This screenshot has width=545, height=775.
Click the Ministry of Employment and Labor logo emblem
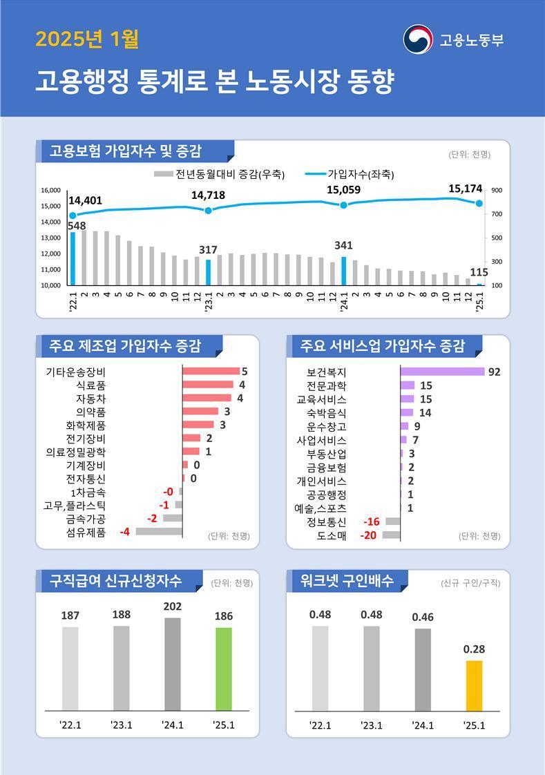click(417, 39)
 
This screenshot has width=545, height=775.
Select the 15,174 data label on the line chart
click(466, 188)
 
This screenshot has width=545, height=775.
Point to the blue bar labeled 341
click(343, 271)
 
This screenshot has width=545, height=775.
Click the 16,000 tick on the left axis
click(51, 191)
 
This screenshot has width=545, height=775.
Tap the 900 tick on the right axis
click(497, 191)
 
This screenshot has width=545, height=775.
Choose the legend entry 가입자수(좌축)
click(352, 174)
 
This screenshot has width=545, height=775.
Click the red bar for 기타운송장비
click(211, 372)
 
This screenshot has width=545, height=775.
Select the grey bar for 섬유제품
click(159, 532)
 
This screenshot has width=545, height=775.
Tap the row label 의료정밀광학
click(75, 452)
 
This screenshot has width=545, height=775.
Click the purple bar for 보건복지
click(442, 372)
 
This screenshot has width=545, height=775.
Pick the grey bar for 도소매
click(391, 535)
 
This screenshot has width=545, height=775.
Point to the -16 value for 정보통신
click(372, 522)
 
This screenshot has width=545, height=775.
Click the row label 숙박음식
click(327, 413)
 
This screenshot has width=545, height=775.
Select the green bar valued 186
click(224, 669)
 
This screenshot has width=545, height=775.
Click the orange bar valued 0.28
click(475, 685)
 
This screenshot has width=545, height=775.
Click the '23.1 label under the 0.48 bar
click(372, 725)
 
